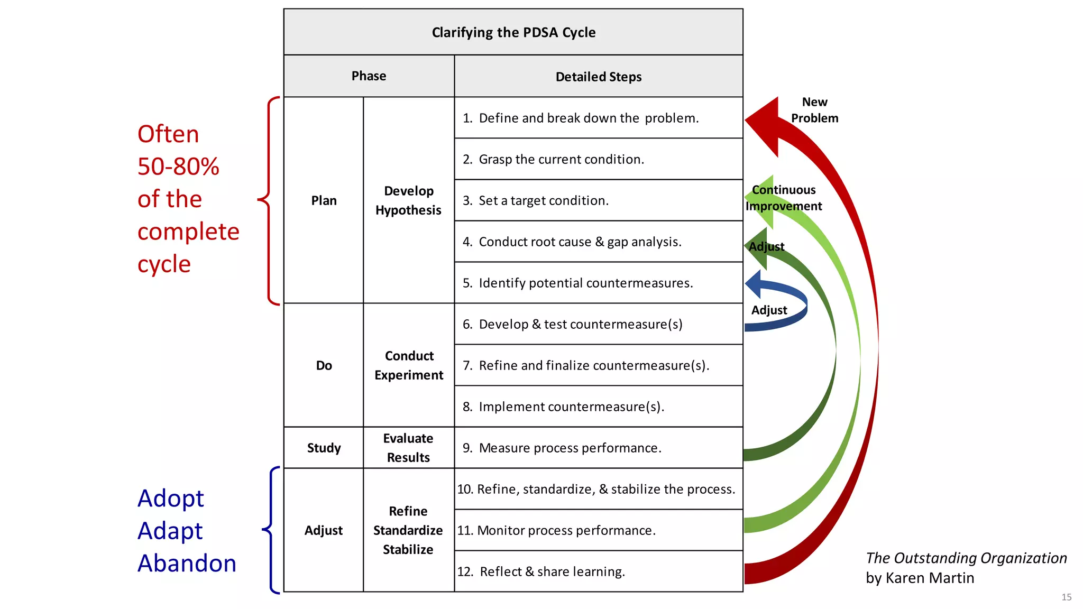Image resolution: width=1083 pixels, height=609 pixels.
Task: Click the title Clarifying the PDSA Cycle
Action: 513,32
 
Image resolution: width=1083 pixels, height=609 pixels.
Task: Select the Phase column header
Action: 369,76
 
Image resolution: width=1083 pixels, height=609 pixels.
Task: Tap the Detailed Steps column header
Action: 598,77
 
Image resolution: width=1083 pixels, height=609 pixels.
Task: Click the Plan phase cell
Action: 324,200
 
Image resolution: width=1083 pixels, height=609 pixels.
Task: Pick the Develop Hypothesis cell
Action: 408,200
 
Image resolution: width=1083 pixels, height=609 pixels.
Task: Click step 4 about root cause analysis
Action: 580,242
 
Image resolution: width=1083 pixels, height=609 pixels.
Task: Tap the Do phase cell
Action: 324,365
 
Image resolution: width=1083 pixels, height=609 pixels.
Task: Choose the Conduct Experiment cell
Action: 408,365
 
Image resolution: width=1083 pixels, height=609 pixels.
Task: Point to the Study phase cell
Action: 324,448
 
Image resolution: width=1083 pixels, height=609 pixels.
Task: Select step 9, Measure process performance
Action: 570,448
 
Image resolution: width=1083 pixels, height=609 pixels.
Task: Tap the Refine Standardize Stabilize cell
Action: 408,530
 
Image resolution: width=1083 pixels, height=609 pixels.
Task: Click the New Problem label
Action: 814,110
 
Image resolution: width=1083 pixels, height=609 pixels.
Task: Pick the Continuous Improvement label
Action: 784,198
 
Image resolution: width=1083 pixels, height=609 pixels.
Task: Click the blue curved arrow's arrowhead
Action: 754,284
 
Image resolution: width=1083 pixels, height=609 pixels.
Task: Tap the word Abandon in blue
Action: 187,564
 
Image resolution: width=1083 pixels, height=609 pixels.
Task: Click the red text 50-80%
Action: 178,167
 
